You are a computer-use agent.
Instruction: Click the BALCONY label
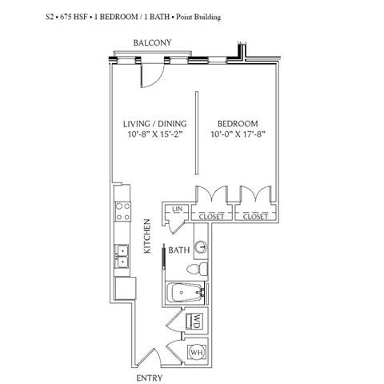pyautogui.click(x=152, y=42)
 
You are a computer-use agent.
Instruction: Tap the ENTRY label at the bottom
pyautogui.click(x=149, y=378)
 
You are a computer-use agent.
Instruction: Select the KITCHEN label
pyautogui.click(x=147, y=236)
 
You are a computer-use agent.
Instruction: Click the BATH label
pyautogui.click(x=179, y=250)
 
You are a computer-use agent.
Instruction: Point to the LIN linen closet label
pyautogui.click(x=178, y=209)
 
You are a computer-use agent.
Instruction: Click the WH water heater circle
pyautogui.click(x=198, y=352)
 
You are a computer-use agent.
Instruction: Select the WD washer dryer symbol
pyautogui.click(x=197, y=321)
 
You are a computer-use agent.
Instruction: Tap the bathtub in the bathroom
pyautogui.click(x=185, y=293)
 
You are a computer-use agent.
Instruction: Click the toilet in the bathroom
pyautogui.click(x=198, y=270)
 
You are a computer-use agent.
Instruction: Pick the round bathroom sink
pyautogui.click(x=201, y=247)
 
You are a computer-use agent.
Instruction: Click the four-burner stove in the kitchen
pyautogui.click(x=122, y=212)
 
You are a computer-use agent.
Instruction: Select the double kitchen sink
pyautogui.click(x=122, y=257)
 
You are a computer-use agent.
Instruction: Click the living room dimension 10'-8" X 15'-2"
pyautogui.click(x=156, y=134)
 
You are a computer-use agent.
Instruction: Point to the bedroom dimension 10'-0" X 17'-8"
pyautogui.click(x=238, y=134)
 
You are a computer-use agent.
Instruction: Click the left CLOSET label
pyautogui.click(x=211, y=217)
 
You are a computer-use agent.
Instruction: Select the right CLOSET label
pyautogui.click(x=255, y=217)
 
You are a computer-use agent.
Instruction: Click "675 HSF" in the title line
pyautogui.click(x=73, y=17)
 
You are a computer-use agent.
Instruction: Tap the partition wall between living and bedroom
pyautogui.click(x=197, y=133)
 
